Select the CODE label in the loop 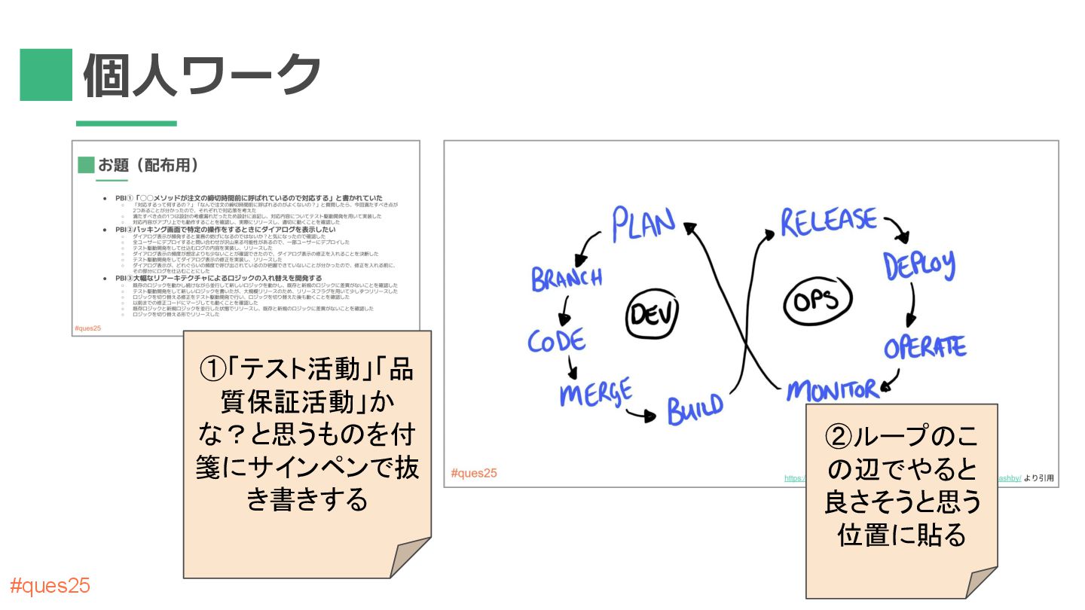pos(556,341)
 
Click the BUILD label pos(694,407)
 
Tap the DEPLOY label pos(919,264)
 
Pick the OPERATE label pos(925,347)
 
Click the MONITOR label pos(833,390)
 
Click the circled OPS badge pos(815,300)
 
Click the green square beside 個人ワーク pos(46,75)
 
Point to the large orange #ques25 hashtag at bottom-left pos(50,586)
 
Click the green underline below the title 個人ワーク pos(127,124)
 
